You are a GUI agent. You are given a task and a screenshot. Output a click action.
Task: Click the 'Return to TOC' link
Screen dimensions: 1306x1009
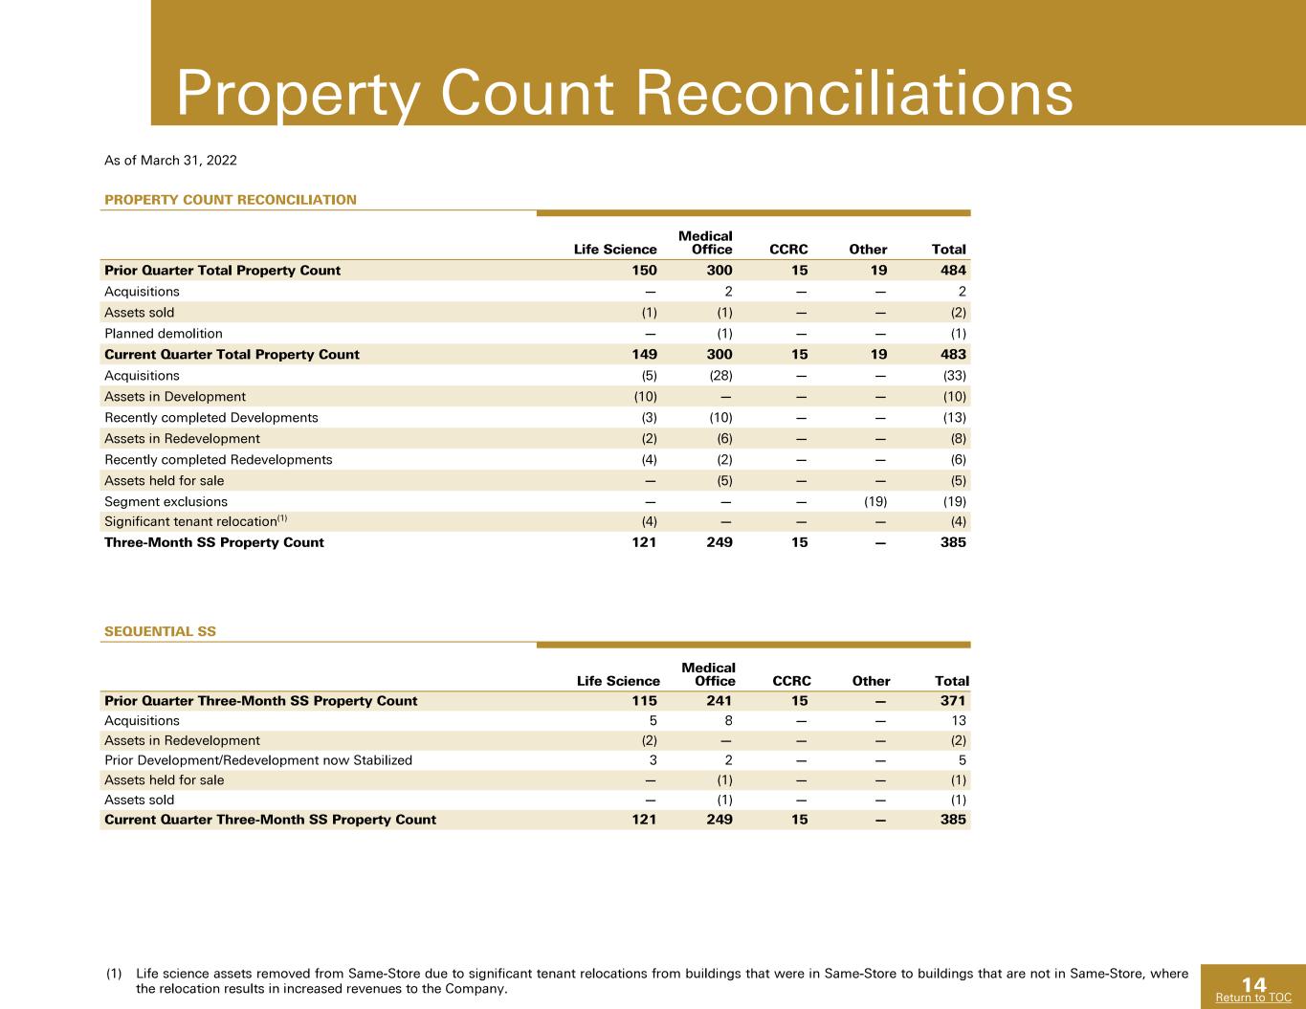point(1253,998)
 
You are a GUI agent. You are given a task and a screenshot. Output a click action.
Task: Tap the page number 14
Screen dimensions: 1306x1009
point(1253,984)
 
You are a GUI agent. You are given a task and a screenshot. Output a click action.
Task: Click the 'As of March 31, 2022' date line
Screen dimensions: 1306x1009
point(170,161)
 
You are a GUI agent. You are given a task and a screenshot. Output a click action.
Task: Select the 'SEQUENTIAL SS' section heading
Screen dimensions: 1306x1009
point(160,631)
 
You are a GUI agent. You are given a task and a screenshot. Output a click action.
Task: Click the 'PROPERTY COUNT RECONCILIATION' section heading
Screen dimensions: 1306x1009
point(231,199)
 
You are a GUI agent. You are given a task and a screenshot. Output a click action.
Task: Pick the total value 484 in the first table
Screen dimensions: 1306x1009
point(953,271)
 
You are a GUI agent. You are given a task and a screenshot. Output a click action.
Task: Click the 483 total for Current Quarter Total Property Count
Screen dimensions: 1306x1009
point(953,355)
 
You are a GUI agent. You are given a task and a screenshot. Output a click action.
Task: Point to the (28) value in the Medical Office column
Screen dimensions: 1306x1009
point(720,375)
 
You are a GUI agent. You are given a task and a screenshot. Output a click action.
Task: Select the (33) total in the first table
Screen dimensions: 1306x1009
point(955,375)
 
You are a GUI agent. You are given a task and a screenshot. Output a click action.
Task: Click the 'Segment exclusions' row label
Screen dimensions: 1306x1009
point(166,501)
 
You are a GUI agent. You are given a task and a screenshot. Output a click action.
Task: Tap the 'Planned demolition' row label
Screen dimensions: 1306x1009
point(164,334)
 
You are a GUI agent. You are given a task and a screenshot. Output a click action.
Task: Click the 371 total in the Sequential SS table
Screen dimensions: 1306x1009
point(953,700)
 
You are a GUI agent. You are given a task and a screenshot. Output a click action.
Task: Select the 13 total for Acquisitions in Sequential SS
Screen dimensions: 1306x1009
point(959,720)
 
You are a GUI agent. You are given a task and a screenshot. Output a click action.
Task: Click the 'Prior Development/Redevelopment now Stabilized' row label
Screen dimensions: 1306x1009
point(258,759)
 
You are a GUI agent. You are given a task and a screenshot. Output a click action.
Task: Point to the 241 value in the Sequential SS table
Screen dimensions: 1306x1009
point(719,700)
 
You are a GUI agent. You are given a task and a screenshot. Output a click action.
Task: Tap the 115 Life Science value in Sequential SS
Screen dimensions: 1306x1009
point(644,700)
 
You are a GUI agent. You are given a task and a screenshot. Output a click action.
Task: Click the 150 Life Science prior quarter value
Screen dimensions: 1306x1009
point(644,271)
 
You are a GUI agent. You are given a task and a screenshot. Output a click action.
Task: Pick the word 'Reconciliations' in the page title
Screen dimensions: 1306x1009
point(854,93)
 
